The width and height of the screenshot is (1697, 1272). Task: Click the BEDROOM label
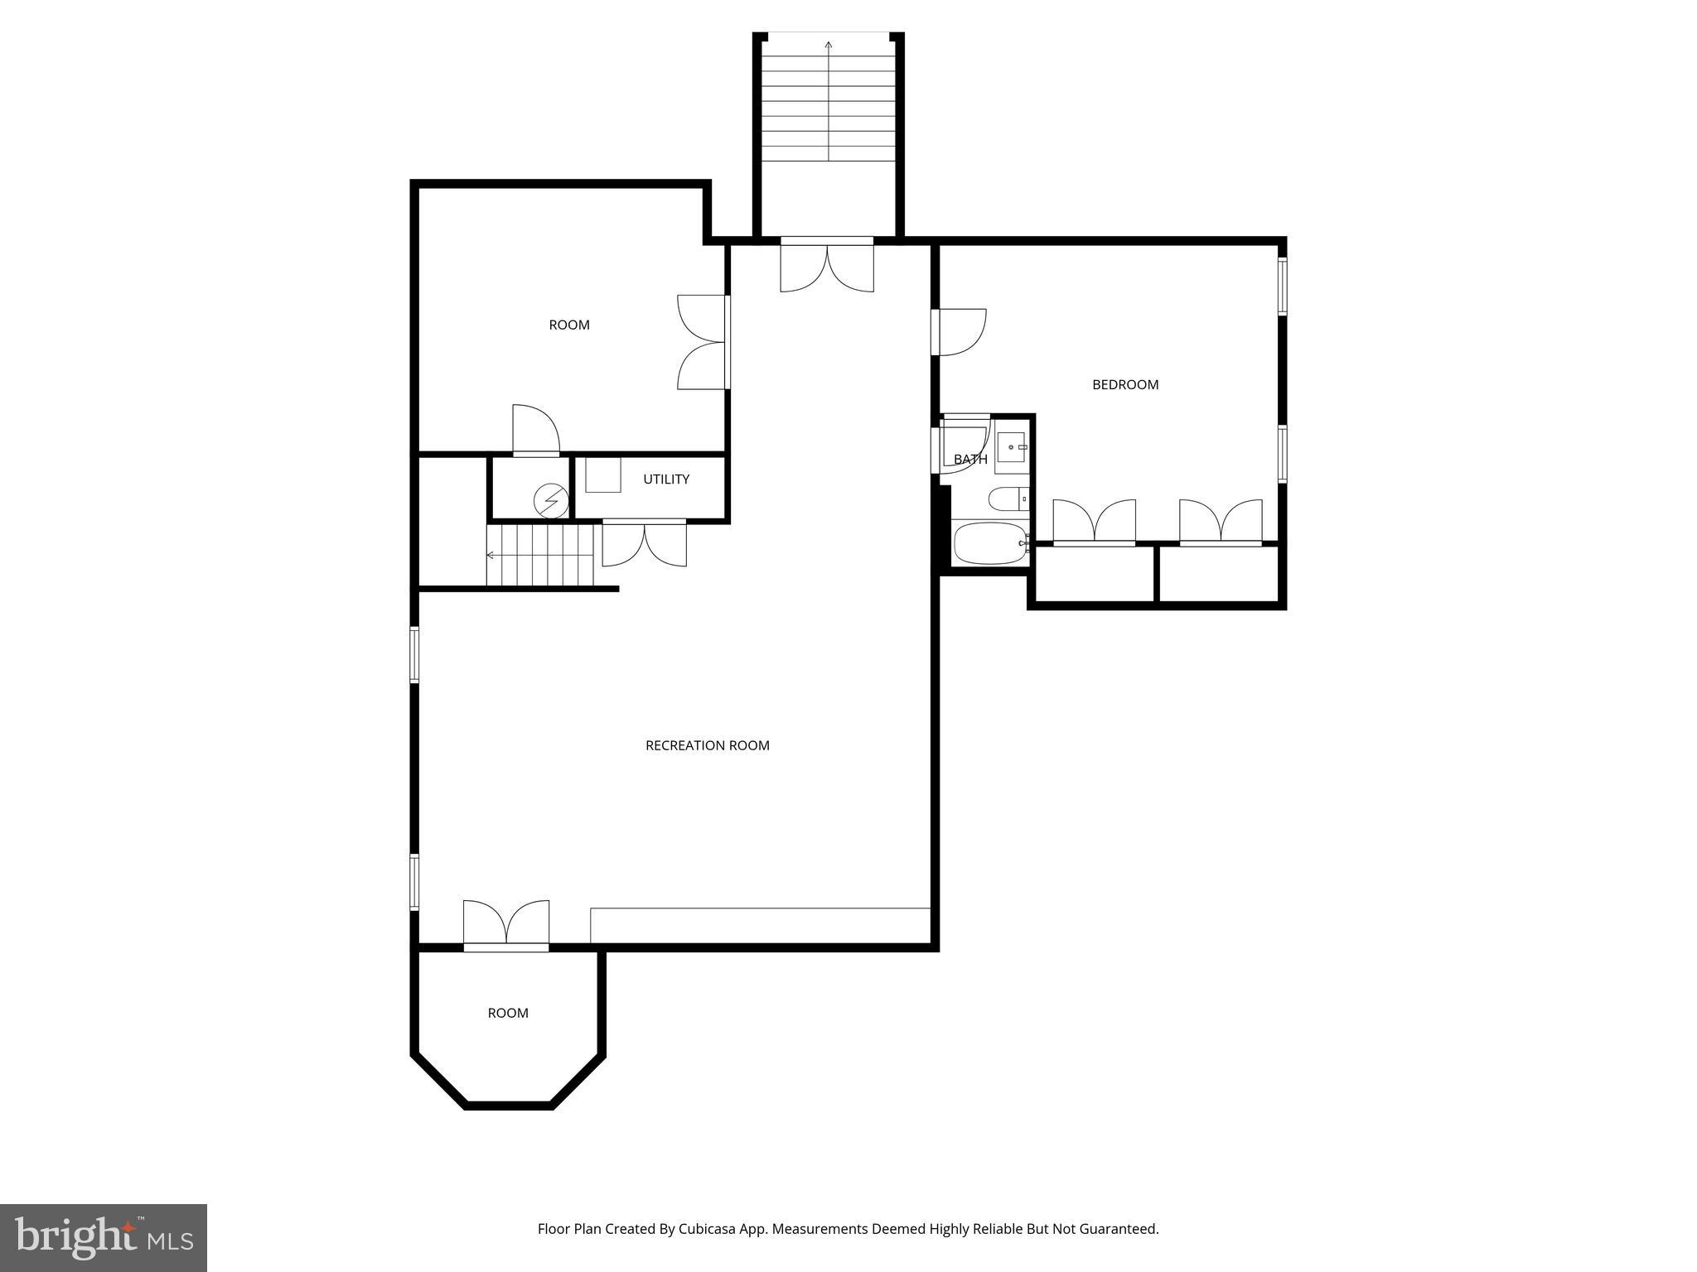pos(1124,384)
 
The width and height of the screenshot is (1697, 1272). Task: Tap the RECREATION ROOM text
pos(707,745)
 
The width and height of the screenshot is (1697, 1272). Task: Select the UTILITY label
pos(665,479)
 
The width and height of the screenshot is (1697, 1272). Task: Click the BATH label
pos(969,460)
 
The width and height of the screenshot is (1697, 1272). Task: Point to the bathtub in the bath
pos(989,543)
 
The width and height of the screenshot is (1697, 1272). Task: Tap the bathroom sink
pos(1011,447)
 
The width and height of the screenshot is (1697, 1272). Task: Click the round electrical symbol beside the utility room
pos(551,500)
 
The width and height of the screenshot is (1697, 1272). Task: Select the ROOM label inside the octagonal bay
pos(507,1013)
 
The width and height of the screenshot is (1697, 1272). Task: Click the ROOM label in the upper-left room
pos(569,325)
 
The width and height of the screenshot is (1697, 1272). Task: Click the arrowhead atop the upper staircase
pos(829,44)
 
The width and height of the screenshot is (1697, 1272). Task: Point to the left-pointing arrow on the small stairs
pos(491,555)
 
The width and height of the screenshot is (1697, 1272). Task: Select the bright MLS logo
pos(103,1237)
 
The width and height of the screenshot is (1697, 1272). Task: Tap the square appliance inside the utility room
pos(602,475)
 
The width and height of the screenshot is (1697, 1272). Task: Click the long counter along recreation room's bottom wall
pos(760,925)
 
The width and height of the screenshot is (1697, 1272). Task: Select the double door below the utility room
pos(644,544)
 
